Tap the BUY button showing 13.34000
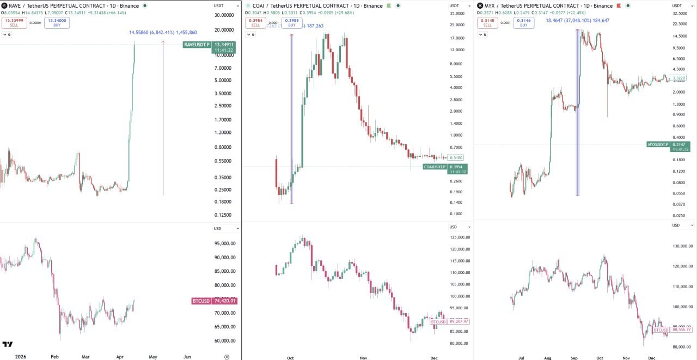coord(57,22)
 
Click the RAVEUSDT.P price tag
coord(197,45)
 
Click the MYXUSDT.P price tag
coord(658,144)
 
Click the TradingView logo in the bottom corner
coord(8,344)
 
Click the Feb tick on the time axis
coord(54,357)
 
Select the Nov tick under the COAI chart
coord(363,358)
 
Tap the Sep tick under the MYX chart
coord(574,358)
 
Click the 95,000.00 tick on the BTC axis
coord(225,244)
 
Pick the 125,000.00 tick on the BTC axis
coord(460,237)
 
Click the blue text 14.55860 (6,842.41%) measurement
coord(163,33)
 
